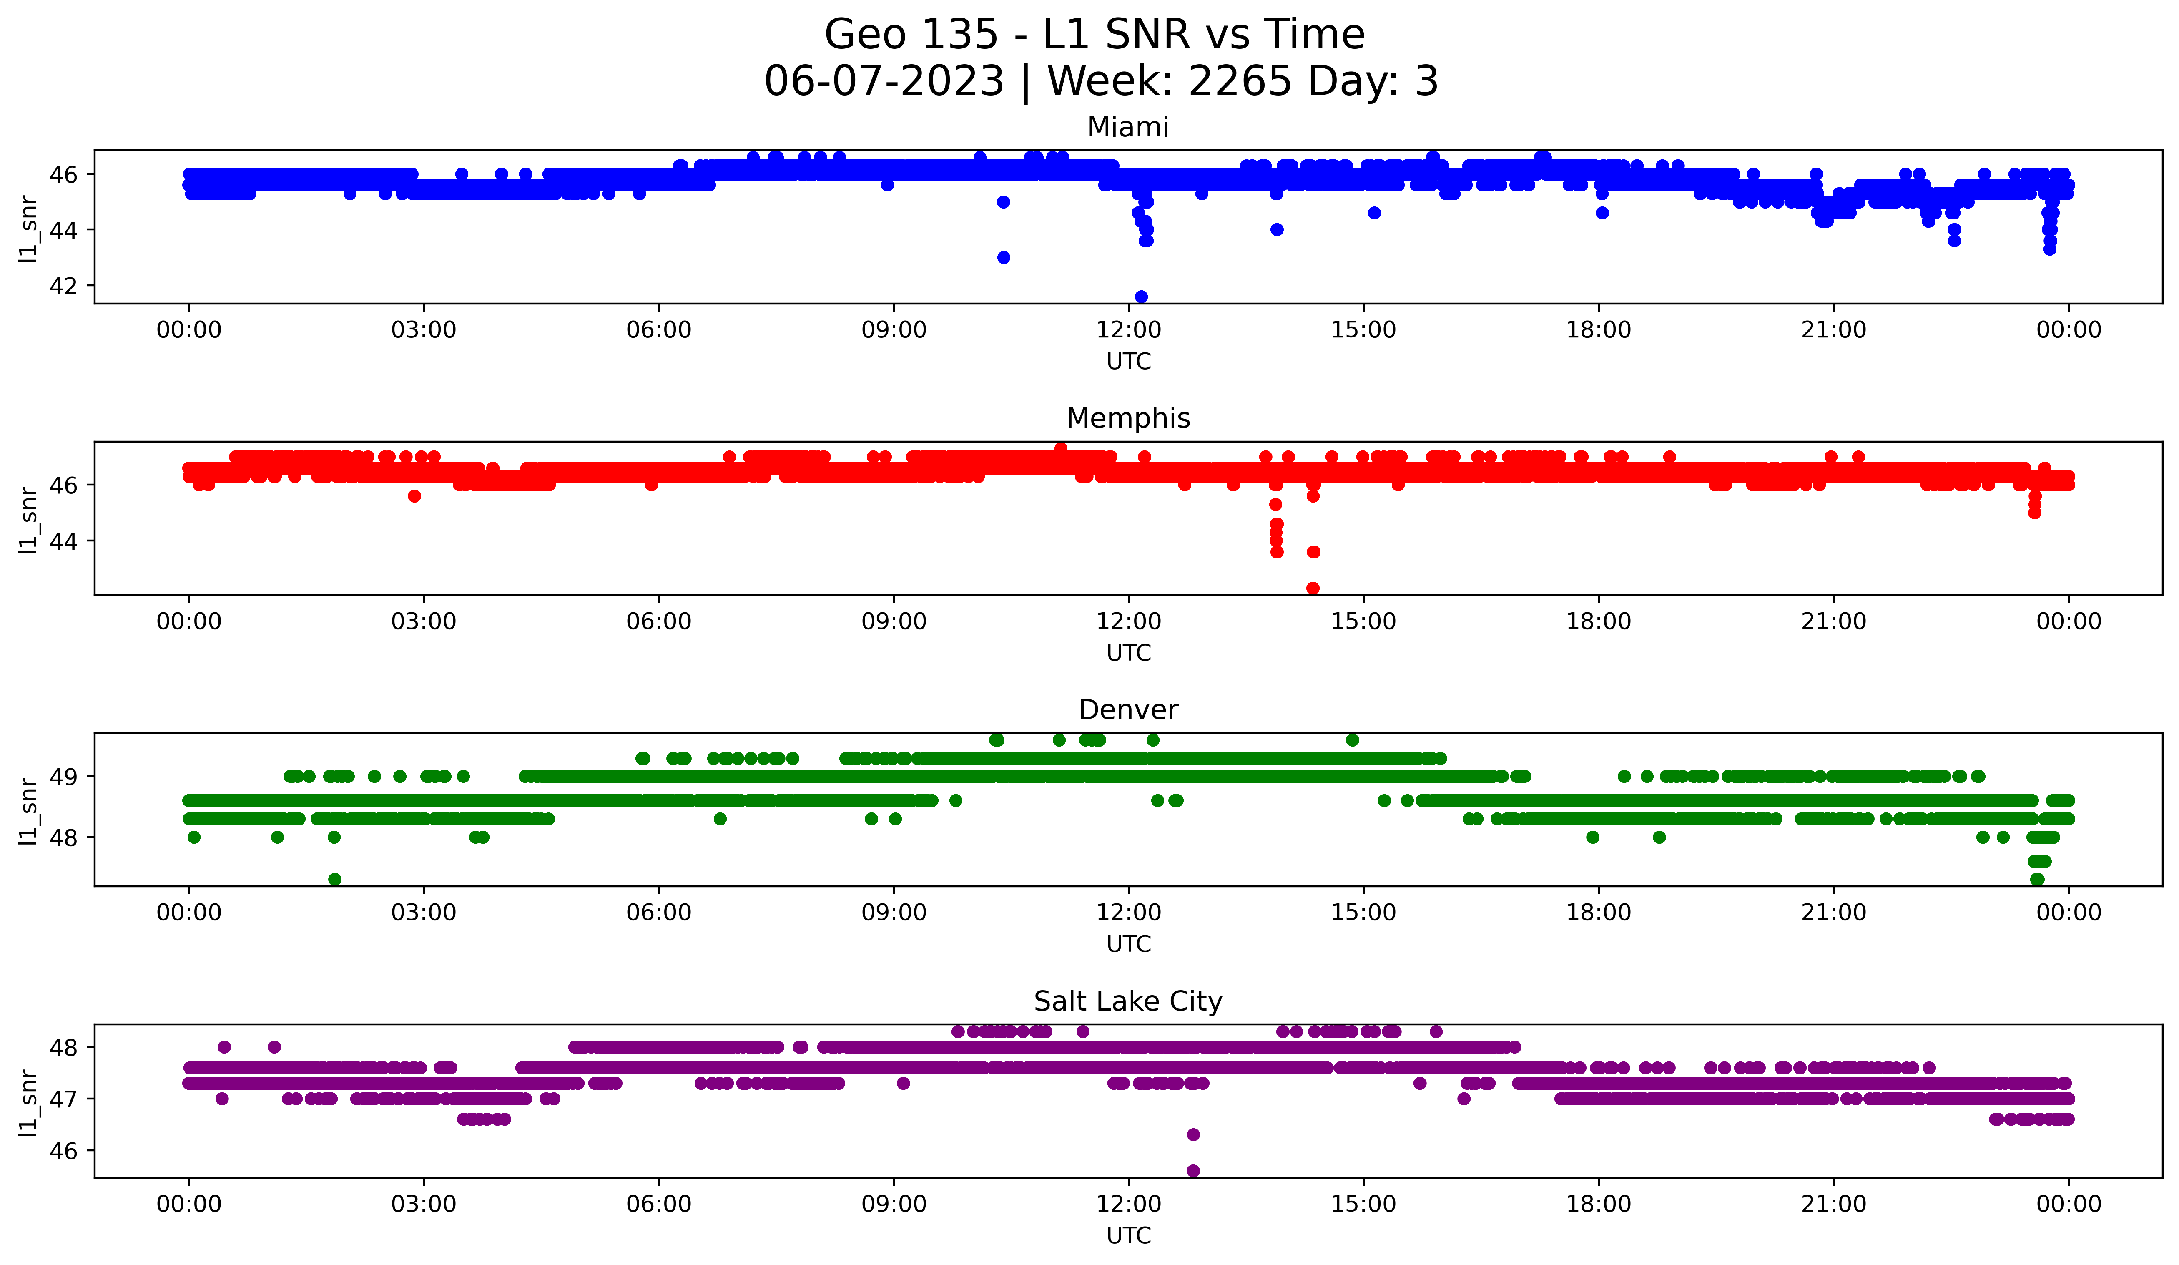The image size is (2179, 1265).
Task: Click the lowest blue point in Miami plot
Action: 1140,297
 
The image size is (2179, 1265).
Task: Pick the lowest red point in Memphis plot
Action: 1313,588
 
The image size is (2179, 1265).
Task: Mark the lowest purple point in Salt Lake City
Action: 1193,1171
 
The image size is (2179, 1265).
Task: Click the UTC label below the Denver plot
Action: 1128,944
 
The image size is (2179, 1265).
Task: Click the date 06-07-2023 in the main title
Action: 884,81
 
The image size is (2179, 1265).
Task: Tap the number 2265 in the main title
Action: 1240,81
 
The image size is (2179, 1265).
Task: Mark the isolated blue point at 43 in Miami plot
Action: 1003,258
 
